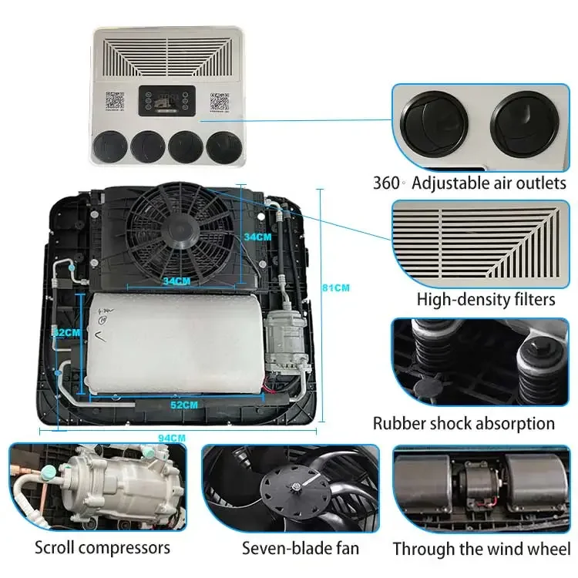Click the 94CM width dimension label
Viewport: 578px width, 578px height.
[x=172, y=437]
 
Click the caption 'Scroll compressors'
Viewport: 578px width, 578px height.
[x=102, y=548]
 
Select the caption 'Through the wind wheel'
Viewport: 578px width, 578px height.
[x=481, y=549]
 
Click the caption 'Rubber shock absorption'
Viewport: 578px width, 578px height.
[x=464, y=423]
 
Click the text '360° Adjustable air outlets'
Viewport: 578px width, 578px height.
[x=470, y=183]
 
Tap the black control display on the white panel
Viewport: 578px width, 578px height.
[x=166, y=101]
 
